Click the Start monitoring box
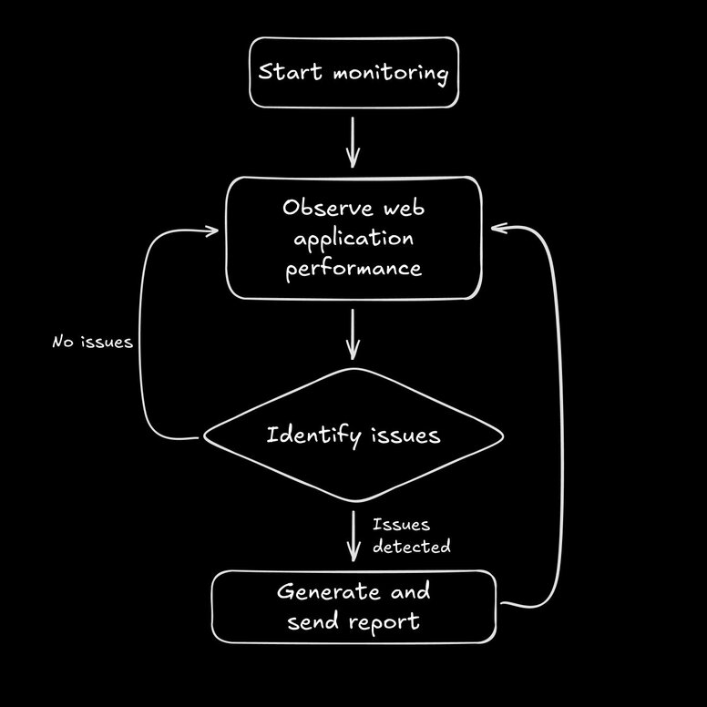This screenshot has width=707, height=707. [x=353, y=73]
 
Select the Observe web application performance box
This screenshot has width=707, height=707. [x=353, y=238]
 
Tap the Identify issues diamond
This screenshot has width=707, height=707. [x=353, y=435]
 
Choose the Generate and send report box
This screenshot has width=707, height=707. [x=353, y=607]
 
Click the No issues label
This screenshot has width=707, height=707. [x=93, y=343]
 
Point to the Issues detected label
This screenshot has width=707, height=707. [x=410, y=536]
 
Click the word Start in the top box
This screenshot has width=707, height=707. [x=288, y=73]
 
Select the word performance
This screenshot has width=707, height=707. [x=353, y=270]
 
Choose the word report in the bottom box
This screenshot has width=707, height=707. [x=386, y=623]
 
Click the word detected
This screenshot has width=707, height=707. [x=411, y=547]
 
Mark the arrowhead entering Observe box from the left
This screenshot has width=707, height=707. [x=212, y=231]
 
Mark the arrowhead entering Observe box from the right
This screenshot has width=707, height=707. [x=497, y=229]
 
